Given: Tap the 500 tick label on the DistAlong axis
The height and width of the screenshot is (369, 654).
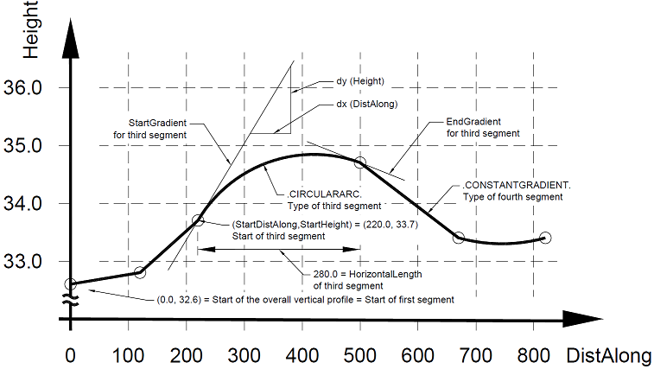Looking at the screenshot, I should tap(360, 355).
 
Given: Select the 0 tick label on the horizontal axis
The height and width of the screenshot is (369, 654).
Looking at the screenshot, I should tap(70, 355).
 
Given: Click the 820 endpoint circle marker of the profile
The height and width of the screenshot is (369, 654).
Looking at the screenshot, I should tap(545, 238).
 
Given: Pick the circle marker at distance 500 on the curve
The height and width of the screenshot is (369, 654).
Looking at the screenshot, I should tap(360, 162).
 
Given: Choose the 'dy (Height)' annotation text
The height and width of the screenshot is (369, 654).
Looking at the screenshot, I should tap(359, 81).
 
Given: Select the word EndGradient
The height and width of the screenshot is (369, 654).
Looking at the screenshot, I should tap(473, 122).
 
